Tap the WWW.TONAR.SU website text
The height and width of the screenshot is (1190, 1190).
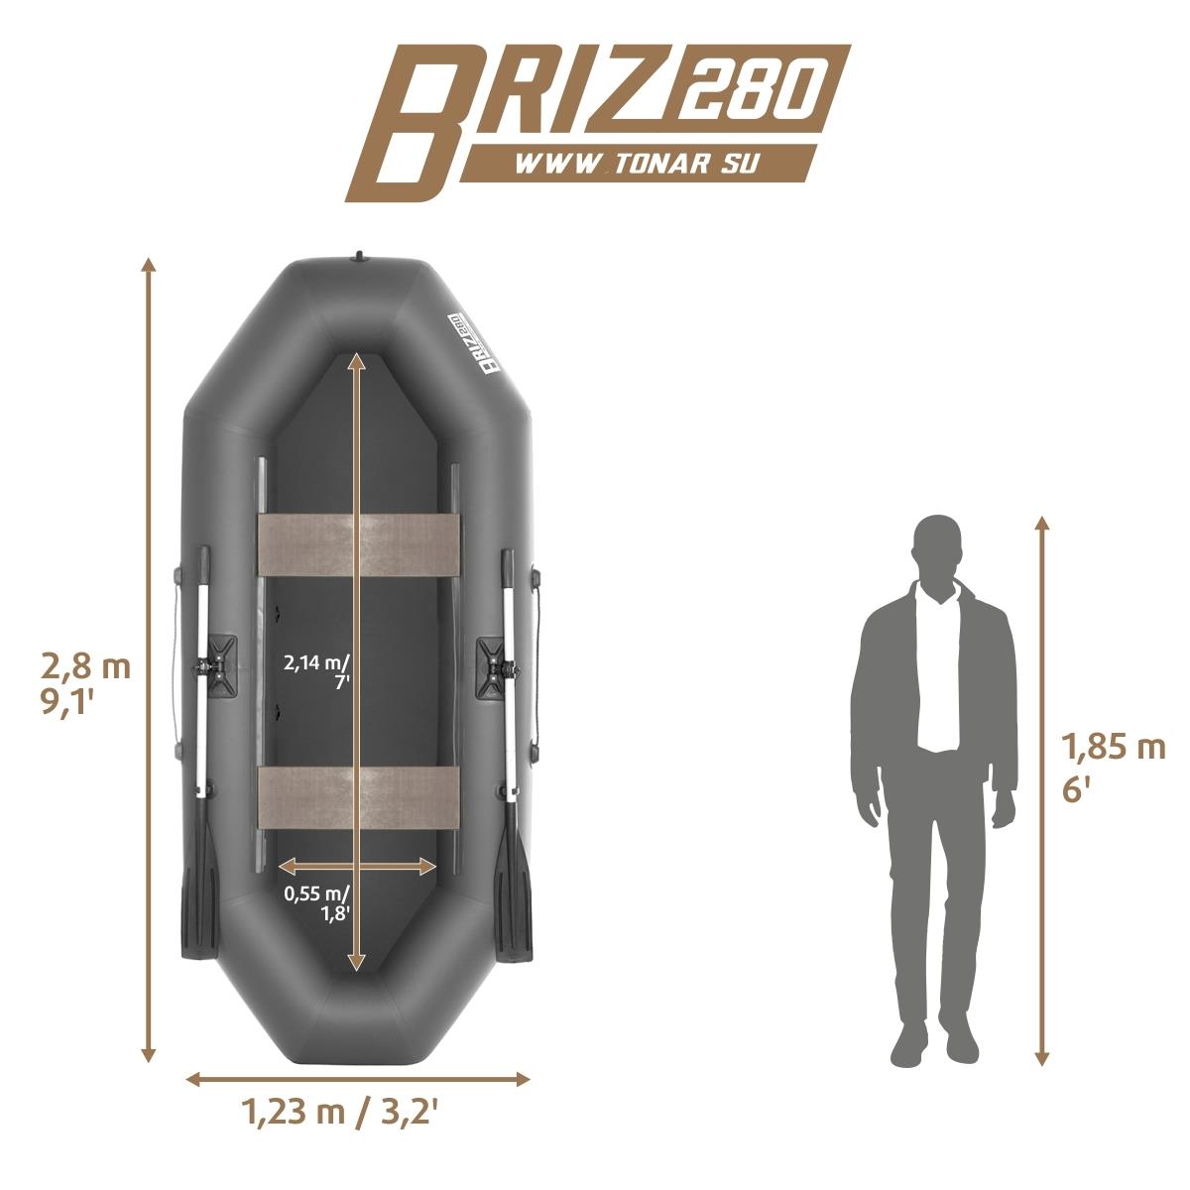[x=636, y=164]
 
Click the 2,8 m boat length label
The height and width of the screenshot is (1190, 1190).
[x=86, y=667]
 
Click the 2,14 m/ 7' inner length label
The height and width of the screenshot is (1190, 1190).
[x=316, y=673]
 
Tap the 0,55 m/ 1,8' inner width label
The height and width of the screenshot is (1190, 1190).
[x=316, y=903]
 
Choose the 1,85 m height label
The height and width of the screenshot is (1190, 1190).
[x=1113, y=749]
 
